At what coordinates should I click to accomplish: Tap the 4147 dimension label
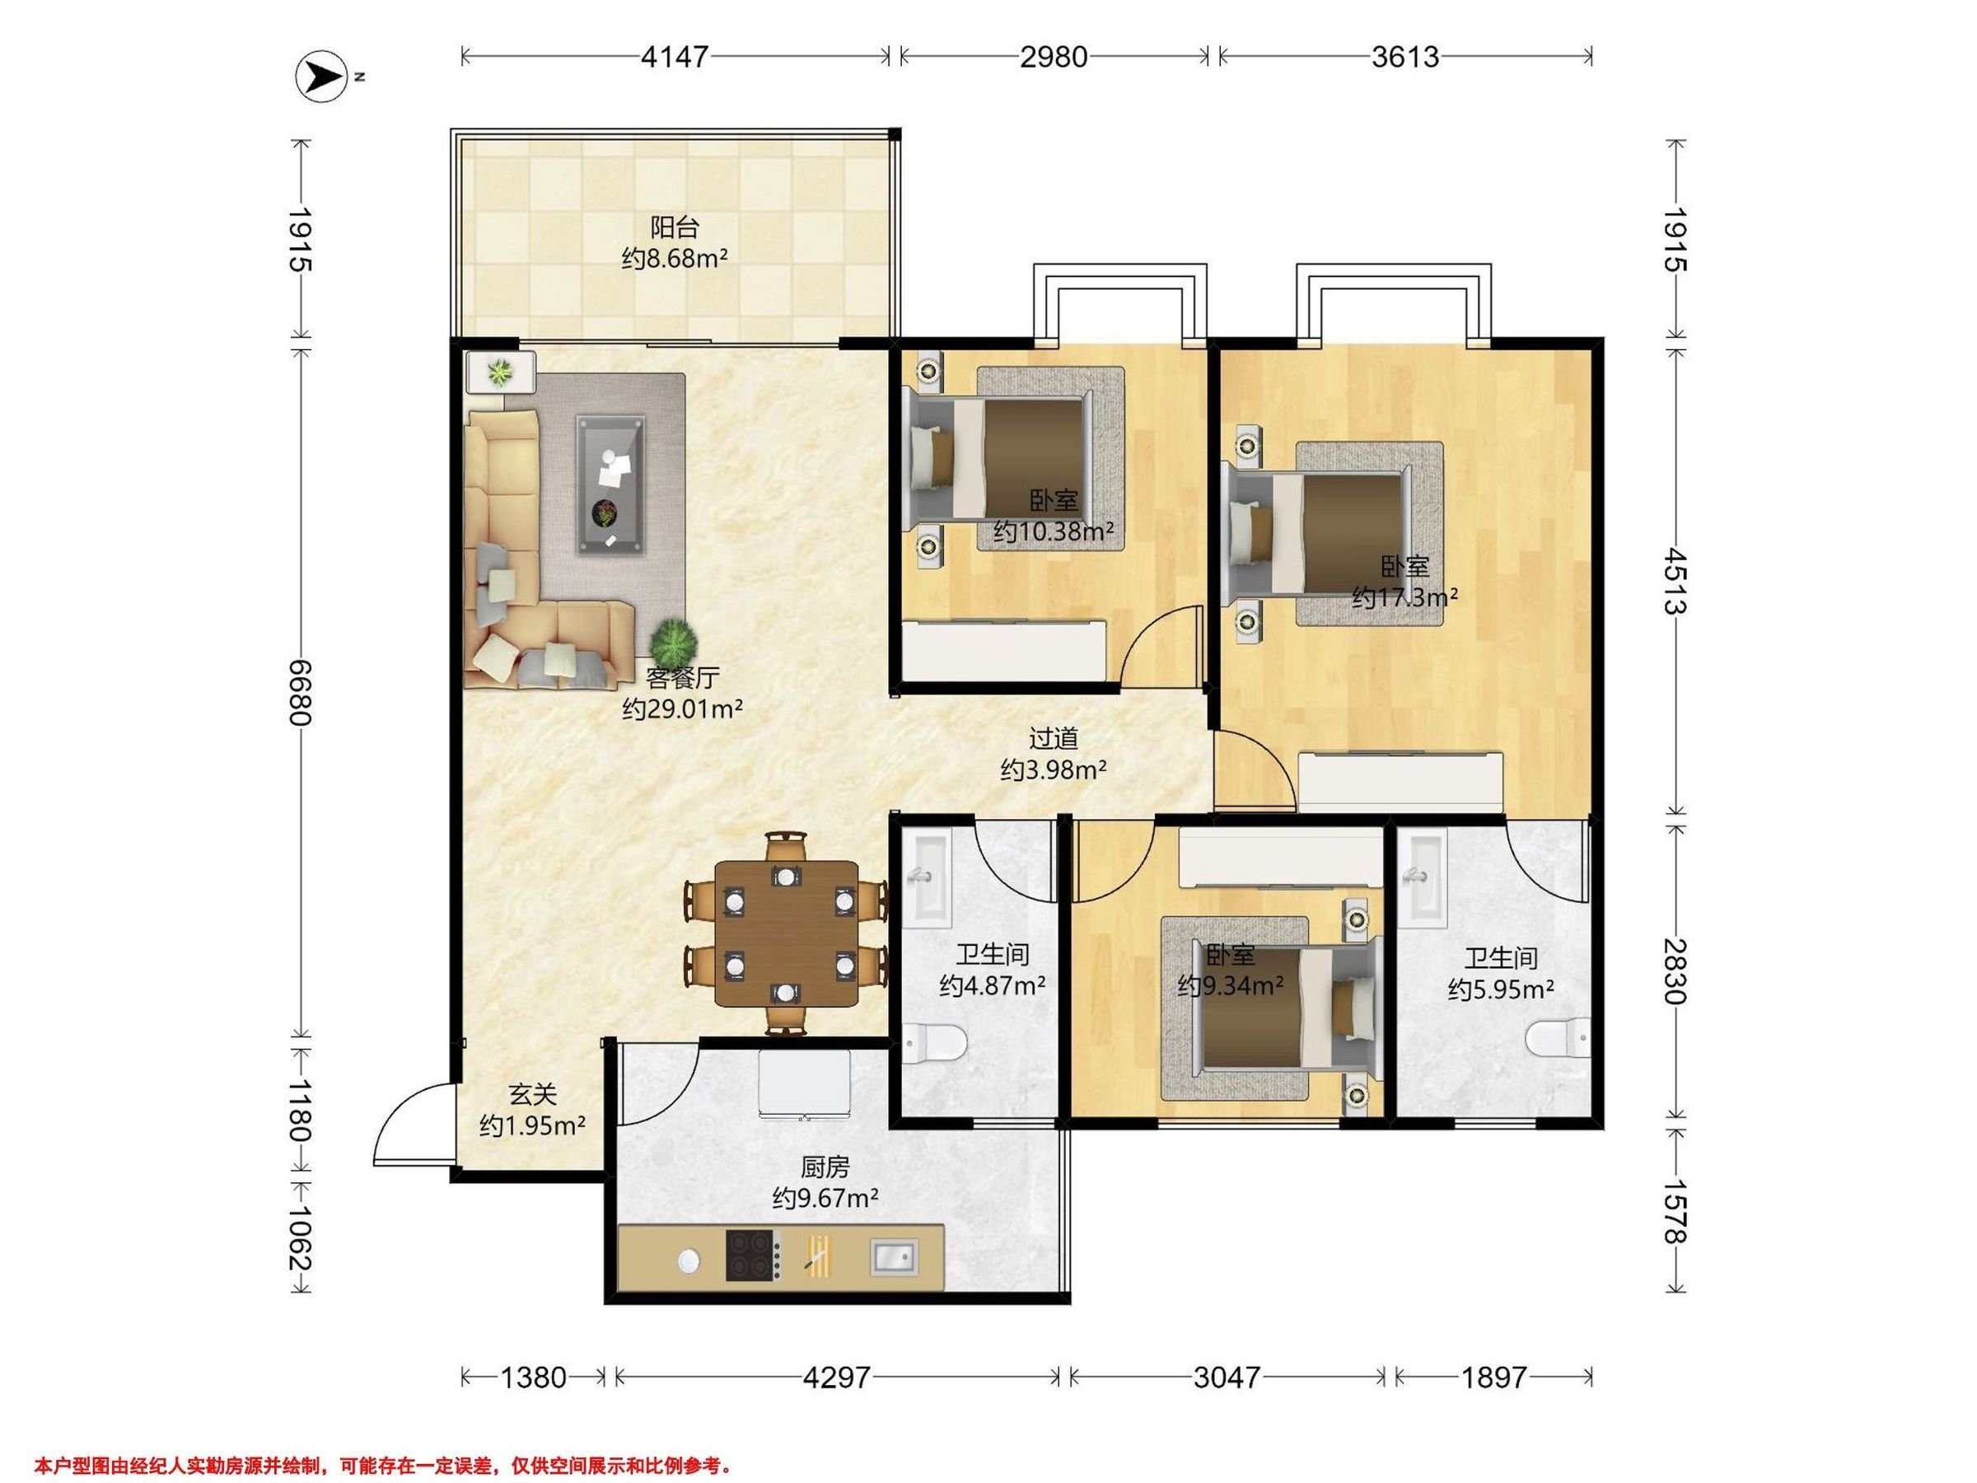click(x=675, y=57)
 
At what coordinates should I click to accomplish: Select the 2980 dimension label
click(x=1054, y=57)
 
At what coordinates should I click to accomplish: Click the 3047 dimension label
click(x=1227, y=1378)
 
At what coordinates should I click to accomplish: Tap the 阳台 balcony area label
click(x=674, y=228)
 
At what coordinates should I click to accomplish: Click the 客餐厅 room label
click(x=683, y=677)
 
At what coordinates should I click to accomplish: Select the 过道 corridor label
click(x=1054, y=738)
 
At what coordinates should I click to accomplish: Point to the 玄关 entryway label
click(x=533, y=1094)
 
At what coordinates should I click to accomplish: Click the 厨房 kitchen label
click(x=824, y=1167)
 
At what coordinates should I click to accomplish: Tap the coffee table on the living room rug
click(x=610, y=484)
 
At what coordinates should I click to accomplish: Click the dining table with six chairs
click(x=786, y=933)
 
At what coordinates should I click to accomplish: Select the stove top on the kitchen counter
click(x=754, y=1256)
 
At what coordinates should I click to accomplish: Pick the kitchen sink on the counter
click(x=894, y=1256)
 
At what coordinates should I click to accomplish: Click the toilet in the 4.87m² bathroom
click(x=934, y=1042)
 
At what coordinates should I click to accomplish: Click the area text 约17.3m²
click(x=1405, y=596)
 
